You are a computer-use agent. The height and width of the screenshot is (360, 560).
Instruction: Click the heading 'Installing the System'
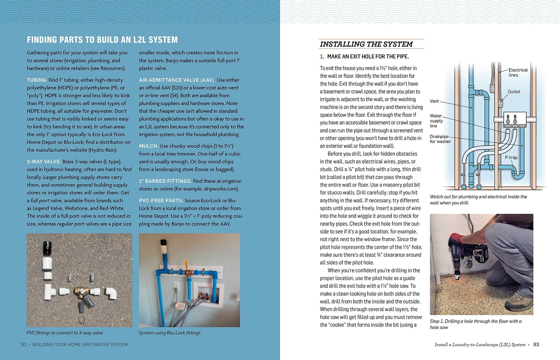(x=366, y=44)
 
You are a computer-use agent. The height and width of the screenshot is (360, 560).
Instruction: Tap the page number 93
(x=536, y=344)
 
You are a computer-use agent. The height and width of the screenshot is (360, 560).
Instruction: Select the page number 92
(x=24, y=344)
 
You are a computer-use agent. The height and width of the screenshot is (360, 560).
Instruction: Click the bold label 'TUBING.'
(x=37, y=80)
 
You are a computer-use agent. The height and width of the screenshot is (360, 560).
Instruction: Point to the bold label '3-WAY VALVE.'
(x=44, y=162)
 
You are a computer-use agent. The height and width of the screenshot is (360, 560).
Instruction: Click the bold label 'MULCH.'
(x=148, y=146)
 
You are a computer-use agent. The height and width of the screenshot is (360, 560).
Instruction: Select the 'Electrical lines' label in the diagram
(x=518, y=72)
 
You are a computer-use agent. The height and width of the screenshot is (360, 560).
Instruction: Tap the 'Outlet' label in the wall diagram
(x=514, y=92)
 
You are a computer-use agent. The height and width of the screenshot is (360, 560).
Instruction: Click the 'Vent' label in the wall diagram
(x=434, y=101)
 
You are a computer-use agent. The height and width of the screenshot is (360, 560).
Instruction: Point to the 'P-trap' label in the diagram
(x=511, y=157)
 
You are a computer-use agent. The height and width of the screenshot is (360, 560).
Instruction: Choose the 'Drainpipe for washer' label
(x=440, y=139)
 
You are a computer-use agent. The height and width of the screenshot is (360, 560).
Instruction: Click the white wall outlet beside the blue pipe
(x=177, y=287)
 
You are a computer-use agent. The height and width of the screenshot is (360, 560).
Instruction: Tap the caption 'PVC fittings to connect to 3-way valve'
(x=65, y=333)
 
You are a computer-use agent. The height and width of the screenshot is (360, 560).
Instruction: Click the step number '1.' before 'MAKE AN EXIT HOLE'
(x=322, y=57)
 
